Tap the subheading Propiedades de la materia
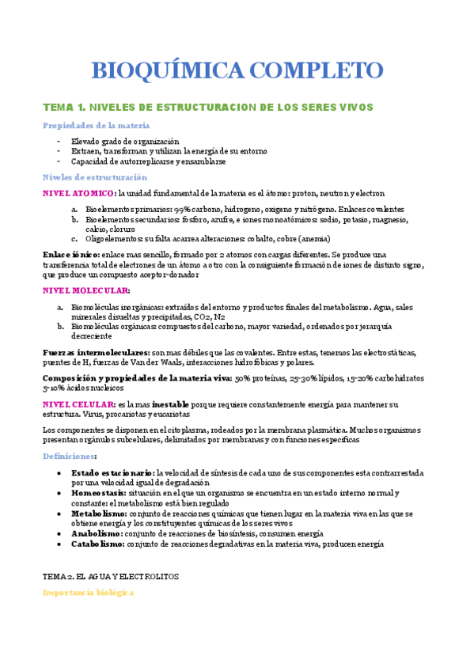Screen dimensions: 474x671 96,126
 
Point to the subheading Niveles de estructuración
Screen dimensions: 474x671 95,177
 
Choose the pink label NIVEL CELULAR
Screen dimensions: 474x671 77,404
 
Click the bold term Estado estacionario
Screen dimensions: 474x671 112,472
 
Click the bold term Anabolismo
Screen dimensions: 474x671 100,533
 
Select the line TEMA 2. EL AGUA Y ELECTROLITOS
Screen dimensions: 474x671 110,577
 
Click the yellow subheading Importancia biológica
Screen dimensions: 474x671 88,592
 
